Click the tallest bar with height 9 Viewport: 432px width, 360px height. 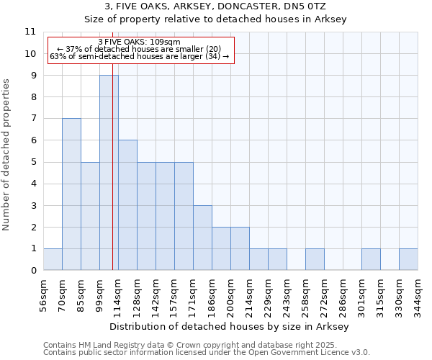coord(109,173)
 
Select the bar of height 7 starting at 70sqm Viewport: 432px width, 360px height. coord(71,194)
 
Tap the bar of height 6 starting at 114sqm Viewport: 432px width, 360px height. coord(127,205)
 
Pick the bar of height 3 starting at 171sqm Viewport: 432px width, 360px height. coord(202,238)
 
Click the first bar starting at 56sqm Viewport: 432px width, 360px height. coord(53,259)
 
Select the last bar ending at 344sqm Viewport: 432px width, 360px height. coord(408,259)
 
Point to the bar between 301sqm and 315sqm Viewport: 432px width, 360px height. coord(371,259)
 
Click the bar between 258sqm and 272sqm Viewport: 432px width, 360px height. coord(315,259)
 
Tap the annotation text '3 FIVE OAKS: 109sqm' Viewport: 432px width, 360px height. coord(140,42)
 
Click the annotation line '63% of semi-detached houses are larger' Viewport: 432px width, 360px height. coord(140,56)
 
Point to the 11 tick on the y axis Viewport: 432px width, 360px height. coord(31,32)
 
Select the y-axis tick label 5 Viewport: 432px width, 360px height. coord(33,162)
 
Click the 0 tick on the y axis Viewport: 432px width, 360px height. coord(33,271)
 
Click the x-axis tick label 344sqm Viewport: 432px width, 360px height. coord(418,293)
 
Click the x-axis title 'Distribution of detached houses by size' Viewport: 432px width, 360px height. coord(230,327)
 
